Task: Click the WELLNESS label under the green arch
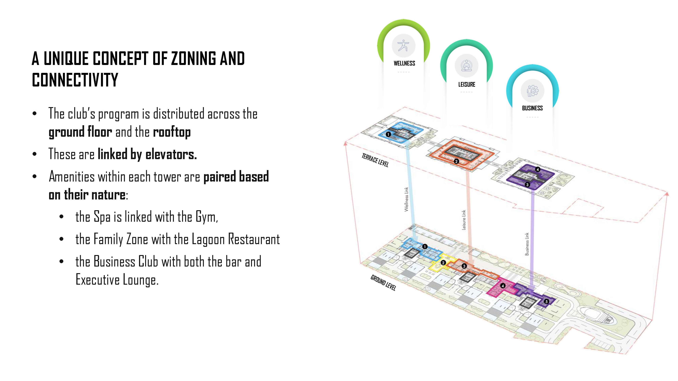point(404,63)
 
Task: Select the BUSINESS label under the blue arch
point(532,108)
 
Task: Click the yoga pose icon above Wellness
point(403,46)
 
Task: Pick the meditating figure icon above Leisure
point(466,66)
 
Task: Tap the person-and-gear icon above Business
point(532,91)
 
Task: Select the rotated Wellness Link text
point(406,199)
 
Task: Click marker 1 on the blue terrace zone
point(388,134)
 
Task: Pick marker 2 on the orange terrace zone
point(456,161)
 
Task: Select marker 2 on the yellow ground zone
point(443,263)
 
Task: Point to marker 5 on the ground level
point(546,302)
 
